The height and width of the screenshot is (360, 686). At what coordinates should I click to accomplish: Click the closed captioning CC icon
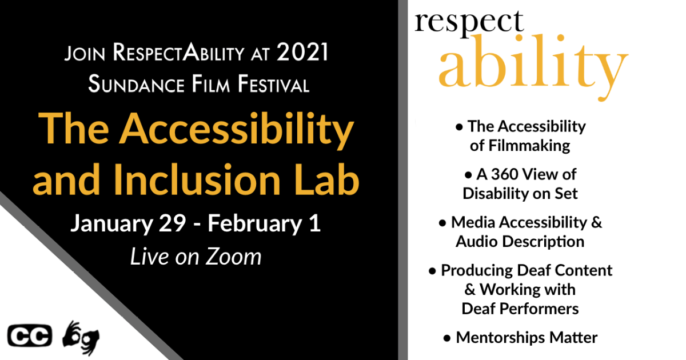click(30, 336)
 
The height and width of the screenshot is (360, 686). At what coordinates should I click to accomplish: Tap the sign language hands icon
click(81, 338)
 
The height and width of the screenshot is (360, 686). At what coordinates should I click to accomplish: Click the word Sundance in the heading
click(136, 84)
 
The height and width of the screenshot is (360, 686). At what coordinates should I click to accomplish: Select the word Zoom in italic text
click(233, 257)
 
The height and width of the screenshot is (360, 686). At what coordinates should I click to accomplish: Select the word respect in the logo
click(469, 22)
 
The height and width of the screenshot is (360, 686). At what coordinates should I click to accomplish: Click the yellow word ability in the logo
click(533, 66)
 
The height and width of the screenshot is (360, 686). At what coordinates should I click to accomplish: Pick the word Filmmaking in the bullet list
click(529, 146)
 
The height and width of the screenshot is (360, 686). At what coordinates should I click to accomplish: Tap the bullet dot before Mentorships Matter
click(447, 338)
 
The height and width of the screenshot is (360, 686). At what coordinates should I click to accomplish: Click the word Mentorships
click(500, 338)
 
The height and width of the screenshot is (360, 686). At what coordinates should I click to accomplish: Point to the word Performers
click(539, 309)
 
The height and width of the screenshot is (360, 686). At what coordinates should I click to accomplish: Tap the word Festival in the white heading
click(274, 84)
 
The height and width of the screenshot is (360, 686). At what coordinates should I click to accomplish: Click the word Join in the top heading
click(85, 53)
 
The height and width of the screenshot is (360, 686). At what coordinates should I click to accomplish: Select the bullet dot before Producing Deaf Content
click(432, 271)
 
